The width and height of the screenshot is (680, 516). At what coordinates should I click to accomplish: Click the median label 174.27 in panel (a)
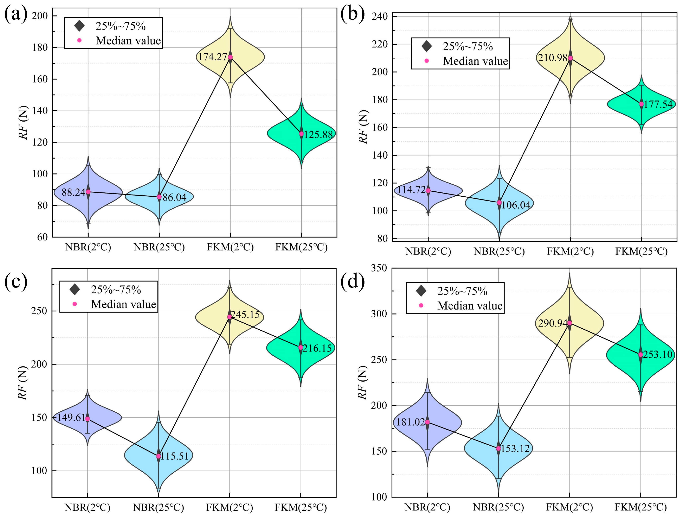point(212,57)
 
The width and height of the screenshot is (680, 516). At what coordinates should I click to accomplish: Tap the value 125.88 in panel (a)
point(318,135)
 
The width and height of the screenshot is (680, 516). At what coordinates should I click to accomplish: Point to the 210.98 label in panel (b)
point(552,57)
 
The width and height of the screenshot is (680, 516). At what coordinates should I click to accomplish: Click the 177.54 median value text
point(658,105)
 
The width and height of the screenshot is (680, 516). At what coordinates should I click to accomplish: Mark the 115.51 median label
point(174,456)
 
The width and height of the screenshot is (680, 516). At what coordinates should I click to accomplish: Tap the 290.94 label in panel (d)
point(552,323)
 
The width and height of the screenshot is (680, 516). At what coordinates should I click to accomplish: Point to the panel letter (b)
point(352,14)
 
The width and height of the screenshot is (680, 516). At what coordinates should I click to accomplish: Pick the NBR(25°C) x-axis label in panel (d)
point(498,507)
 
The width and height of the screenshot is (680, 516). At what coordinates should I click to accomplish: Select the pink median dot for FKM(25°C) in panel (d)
point(641,354)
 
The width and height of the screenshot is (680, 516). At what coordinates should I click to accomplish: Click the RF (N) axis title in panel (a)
point(23,122)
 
